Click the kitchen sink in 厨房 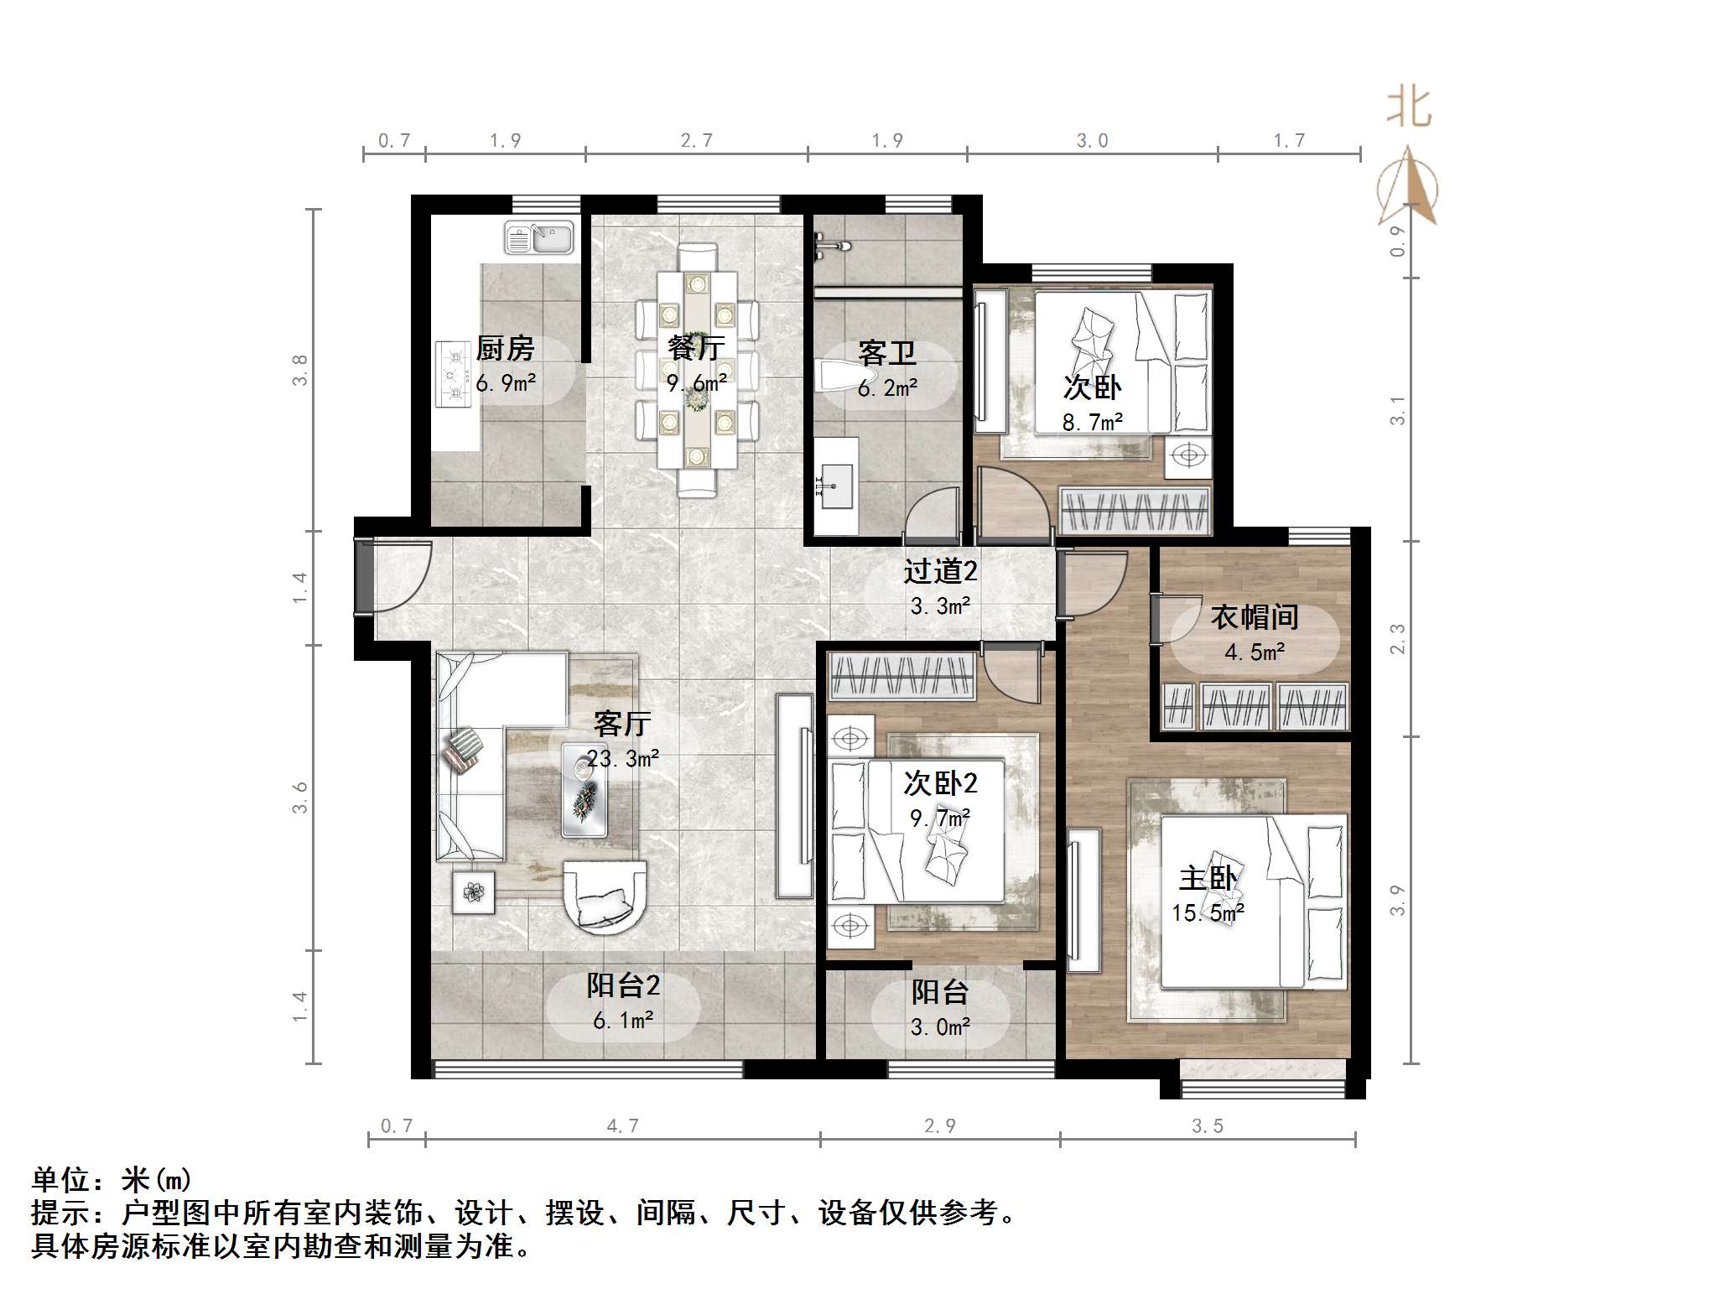coord(539,237)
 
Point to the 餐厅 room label coord(696,347)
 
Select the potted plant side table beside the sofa coord(474,891)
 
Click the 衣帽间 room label coord(1255,618)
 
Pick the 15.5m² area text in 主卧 coord(1208,913)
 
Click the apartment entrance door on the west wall coord(366,578)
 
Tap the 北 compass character coord(1408,108)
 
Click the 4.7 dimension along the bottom coord(622,1126)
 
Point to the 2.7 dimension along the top coord(696,141)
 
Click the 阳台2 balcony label coord(623,986)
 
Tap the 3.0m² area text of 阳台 coord(940,1027)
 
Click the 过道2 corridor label coord(940,572)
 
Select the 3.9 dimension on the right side coord(1397,900)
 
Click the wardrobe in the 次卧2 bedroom coord(901,678)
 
